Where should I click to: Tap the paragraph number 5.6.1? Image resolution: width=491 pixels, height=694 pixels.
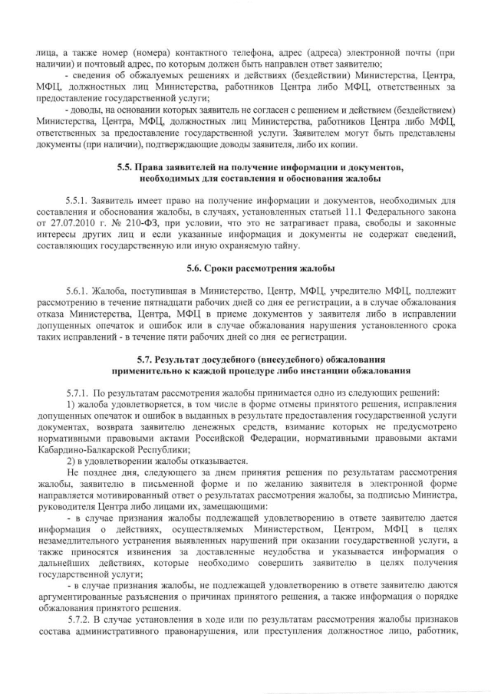click(77, 292)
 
